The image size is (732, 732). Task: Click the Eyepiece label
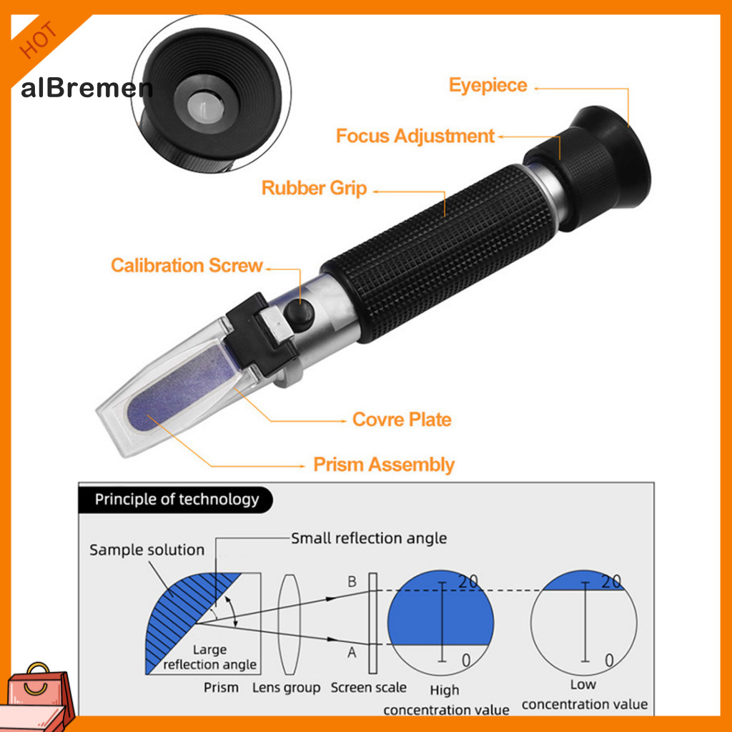488,86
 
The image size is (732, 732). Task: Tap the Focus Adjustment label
415,136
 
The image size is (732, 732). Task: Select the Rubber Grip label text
314,189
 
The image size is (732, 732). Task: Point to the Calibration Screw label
187,266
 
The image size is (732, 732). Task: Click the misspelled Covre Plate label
402,420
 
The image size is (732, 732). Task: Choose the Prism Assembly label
384,465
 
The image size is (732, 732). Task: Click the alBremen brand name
86,89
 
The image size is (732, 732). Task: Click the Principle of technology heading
177,499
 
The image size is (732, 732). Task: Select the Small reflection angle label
368,538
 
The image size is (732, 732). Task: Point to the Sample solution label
147,550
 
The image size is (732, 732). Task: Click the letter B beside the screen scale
352,582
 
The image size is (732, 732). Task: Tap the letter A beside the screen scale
352,652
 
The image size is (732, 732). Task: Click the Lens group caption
286,688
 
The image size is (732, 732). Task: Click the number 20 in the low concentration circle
611,581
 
